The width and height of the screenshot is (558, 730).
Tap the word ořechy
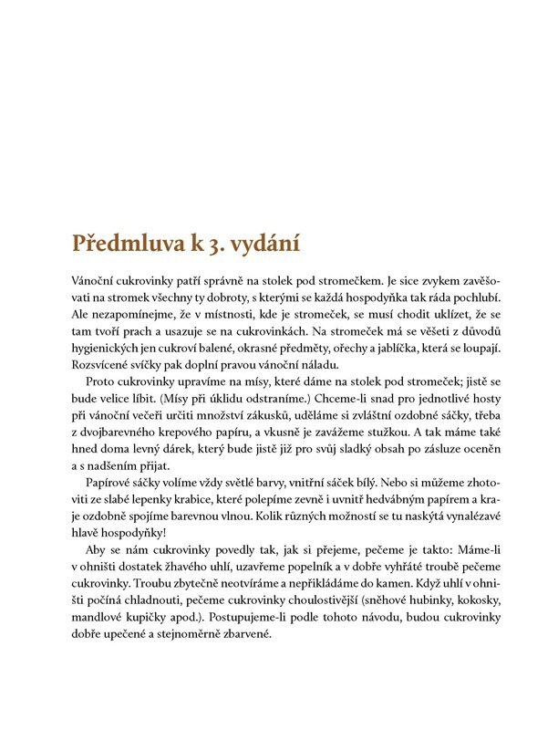tap(368, 353)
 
